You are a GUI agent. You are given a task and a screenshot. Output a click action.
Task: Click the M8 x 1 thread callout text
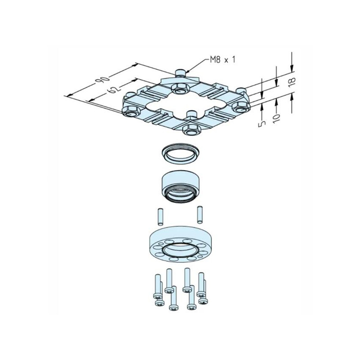[x=223, y=60]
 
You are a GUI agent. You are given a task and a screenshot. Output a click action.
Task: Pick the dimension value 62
[x=113, y=89]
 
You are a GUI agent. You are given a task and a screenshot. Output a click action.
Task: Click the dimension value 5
[x=262, y=123]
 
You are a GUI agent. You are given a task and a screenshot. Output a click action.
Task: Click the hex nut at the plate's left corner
[x=131, y=112]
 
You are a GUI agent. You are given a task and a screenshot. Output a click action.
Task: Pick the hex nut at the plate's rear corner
[x=180, y=88]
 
